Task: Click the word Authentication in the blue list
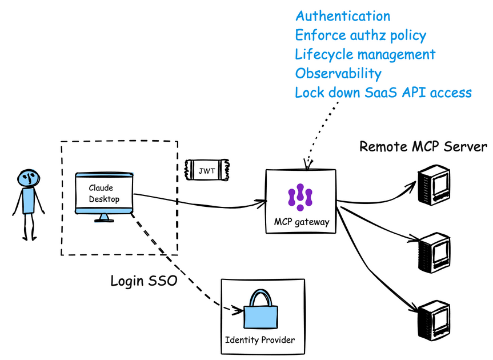pyautogui.click(x=343, y=16)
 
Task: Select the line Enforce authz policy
pyautogui.click(x=360, y=35)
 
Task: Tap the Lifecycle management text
pyautogui.click(x=365, y=54)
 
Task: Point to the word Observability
pyautogui.click(x=338, y=73)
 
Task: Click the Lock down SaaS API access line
pyautogui.click(x=383, y=92)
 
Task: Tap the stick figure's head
pyautogui.click(x=27, y=178)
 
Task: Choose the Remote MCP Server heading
pyautogui.click(x=423, y=146)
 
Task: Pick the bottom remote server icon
pyautogui.click(x=432, y=321)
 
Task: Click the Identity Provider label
pyautogui.click(x=260, y=341)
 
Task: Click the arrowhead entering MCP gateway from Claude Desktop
pyautogui.click(x=263, y=201)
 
